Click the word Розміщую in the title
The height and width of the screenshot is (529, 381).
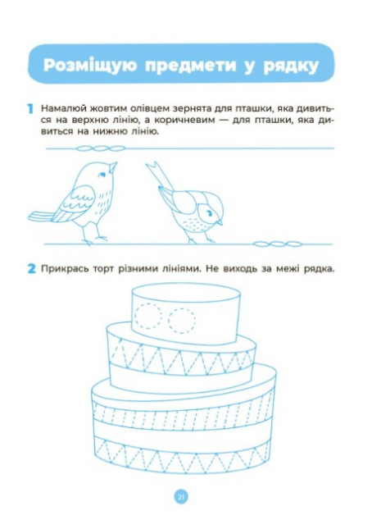coord(90,65)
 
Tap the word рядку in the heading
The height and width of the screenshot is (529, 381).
coord(291,66)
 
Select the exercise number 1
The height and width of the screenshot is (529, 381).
coord(30,109)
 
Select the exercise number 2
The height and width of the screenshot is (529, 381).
coord(31,269)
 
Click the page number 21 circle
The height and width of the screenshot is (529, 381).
coord(181,497)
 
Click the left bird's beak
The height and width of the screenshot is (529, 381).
coord(113,167)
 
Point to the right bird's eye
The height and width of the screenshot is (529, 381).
coord(210,213)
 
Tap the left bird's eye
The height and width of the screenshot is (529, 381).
coord(102,175)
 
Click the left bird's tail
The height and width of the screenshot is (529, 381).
coord(41,217)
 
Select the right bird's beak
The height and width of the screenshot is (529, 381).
coord(219,222)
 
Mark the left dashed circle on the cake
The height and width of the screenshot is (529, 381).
coord(147,316)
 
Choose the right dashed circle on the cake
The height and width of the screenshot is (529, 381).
coord(182,321)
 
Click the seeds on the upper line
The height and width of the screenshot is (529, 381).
coord(101,148)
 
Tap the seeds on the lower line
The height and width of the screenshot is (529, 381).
coord(277,244)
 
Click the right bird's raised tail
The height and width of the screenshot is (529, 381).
coord(160,176)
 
